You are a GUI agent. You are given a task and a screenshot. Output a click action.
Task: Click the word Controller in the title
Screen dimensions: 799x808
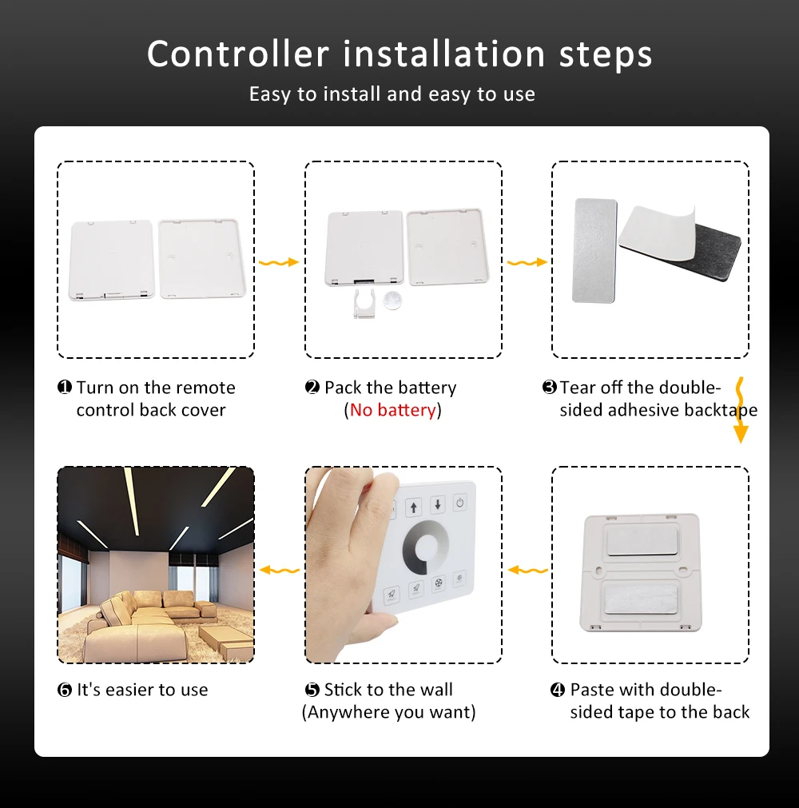pos(238,54)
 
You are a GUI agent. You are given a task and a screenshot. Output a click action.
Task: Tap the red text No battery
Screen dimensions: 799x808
pos(392,410)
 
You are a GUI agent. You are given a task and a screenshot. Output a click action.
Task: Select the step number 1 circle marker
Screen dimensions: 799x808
pos(65,387)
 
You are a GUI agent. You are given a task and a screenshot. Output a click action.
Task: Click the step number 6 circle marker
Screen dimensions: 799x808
pos(65,690)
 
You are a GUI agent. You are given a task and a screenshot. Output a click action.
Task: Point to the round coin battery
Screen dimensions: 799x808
pos(392,301)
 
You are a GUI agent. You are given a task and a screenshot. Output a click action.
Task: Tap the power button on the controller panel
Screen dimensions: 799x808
pos(460,503)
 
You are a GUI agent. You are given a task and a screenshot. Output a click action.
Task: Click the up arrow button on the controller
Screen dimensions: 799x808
pos(414,507)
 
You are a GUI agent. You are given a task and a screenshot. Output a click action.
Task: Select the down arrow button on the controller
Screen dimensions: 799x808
pos(438,504)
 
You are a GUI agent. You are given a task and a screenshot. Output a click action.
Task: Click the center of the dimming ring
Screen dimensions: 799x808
pos(427,548)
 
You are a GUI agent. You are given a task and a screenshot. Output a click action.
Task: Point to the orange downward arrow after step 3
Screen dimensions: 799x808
pos(741,410)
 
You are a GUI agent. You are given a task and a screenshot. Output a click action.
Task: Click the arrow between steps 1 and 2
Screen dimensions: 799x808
pos(279,262)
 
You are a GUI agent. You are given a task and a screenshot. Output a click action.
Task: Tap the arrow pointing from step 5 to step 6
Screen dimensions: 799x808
pos(280,570)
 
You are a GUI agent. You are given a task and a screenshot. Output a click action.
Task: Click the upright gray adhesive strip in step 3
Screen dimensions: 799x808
pos(594,250)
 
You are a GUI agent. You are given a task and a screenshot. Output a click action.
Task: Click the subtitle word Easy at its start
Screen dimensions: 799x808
pos(270,94)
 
